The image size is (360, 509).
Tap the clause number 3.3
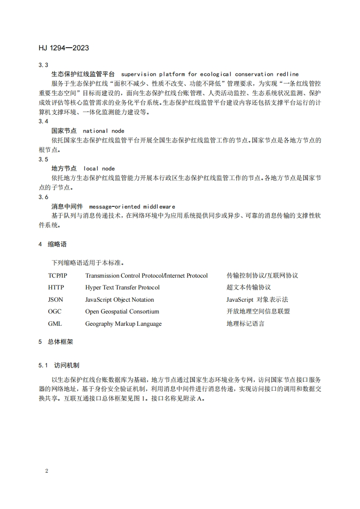coord(44,65)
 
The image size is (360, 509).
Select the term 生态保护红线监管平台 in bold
coord(83,74)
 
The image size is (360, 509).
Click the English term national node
coord(104,131)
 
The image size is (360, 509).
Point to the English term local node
coord(99,168)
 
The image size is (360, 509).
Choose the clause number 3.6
coord(44,197)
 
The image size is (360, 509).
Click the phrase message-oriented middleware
coord(132,206)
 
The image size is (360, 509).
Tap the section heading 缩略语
coord(57,244)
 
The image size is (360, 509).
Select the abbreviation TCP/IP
coord(58,275)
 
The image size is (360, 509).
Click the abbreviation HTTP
coord(56,288)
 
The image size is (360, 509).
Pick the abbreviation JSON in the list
coord(56,300)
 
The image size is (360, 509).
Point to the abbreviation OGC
coord(55,312)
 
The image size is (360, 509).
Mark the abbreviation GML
coord(55,324)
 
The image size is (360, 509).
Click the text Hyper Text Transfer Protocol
coord(123,288)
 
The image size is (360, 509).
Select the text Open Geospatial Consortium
coord(122,312)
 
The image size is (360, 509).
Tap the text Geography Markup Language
coord(123,324)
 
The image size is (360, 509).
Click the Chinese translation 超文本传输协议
coord(248,288)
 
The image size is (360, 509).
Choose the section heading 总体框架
coord(60,342)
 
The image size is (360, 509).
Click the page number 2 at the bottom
coord(47,471)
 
